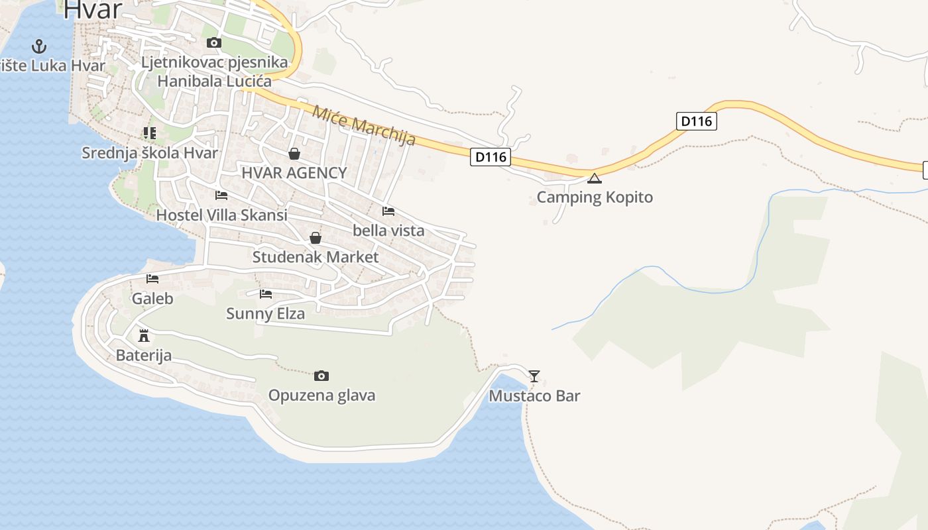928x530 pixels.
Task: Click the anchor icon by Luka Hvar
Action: click(x=40, y=46)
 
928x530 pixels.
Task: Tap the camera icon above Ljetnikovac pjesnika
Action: click(x=213, y=43)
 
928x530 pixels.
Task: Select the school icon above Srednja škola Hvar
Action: click(x=150, y=133)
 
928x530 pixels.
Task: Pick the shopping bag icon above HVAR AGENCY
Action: click(x=294, y=154)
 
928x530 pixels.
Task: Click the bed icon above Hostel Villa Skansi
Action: click(x=221, y=195)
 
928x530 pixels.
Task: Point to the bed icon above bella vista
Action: click(x=388, y=211)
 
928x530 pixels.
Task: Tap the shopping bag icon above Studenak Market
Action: click(x=316, y=238)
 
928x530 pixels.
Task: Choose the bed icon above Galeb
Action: click(x=152, y=279)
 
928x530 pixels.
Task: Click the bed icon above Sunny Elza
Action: click(x=266, y=293)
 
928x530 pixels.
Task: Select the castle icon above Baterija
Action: click(x=144, y=335)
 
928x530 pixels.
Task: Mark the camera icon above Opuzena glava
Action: click(x=321, y=376)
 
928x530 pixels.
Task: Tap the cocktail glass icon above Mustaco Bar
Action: click(x=534, y=376)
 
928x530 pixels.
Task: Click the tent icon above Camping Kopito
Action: click(x=595, y=178)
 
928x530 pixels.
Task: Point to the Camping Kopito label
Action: click(x=595, y=197)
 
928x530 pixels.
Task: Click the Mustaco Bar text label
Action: click(x=534, y=396)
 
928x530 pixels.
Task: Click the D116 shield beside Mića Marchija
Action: click(x=491, y=157)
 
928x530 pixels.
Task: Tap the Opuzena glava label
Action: click(x=321, y=396)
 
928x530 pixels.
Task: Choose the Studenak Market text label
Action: click(x=316, y=257)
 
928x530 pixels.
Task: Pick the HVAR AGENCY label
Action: click(x=294, y=173)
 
